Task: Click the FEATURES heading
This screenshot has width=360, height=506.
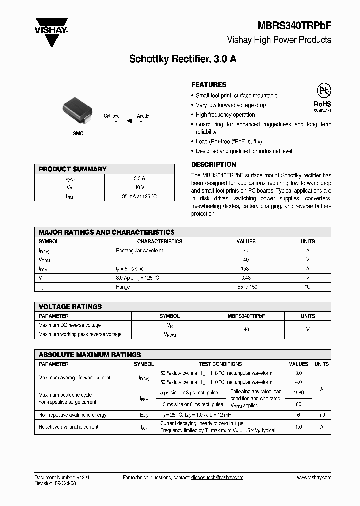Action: point(209,85)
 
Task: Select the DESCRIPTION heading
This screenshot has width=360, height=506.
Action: point(214,164)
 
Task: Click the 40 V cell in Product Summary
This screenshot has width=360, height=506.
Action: point(139,187)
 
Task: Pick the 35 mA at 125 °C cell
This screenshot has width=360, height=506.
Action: point(139,196)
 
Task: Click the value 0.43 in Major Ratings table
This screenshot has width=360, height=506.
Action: point(246,277)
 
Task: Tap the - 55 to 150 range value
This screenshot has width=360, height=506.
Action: point(246,287)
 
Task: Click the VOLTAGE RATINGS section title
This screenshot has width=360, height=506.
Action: point(70,307)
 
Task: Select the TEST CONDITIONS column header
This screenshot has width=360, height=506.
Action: point(220,364)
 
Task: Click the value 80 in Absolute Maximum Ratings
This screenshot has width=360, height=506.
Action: point(298,404)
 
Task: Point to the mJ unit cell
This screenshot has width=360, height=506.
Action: point(322,415)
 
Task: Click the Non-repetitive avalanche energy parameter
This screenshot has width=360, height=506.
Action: point(72,415)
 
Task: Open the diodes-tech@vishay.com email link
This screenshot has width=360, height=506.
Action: point(217,477)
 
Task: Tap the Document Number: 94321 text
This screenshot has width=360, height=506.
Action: point(62,477)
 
